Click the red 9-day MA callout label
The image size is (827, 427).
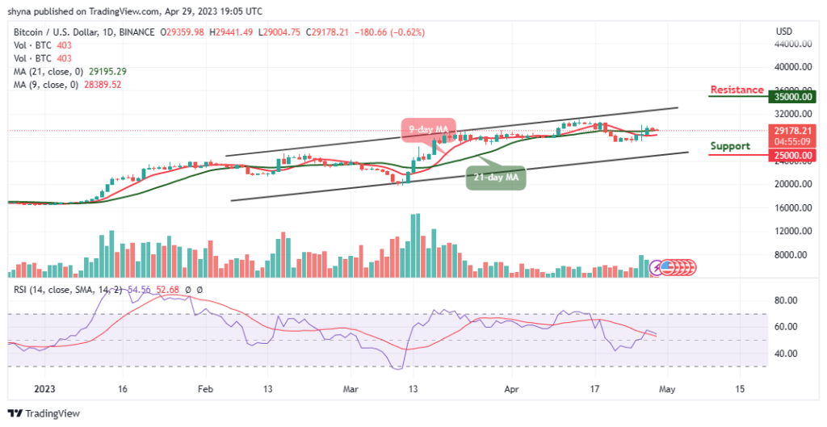point(429,128)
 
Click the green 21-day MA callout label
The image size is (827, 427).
point(496,178)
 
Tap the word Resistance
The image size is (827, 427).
point(737,90)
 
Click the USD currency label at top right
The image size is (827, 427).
point(783,31)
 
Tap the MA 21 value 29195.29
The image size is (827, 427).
point(104,71)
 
